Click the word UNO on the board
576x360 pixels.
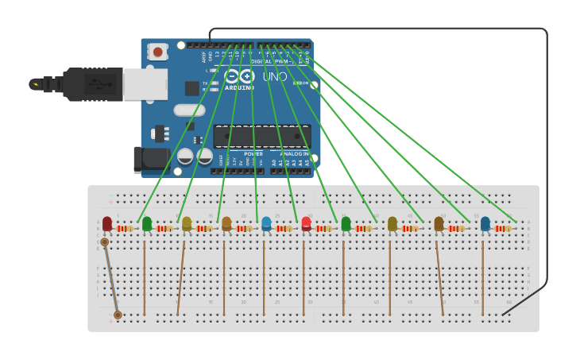pyautogui.click(x=275, y=77)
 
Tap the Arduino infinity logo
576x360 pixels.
pyautogui.click(x=239, y=76)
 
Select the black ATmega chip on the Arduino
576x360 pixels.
pyautogui.click(x=261, y=136)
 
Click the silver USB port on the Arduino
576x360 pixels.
pyautogui.click(x=145, y=83)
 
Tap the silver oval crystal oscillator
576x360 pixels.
pyautogui.click(x=189, y=110)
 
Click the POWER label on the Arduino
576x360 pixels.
pyautogui.click(x=253, y=153)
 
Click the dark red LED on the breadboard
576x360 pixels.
pyautogui.click(x=107, y=223)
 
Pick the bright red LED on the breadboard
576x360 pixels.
pyautogui.click(x=306, y=223)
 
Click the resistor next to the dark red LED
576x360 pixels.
pyautogui.click(x=125, y=229)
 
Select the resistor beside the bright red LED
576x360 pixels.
pyautogui.click(x=323, y=229)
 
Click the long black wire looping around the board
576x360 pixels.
pyautogui.click(x=547, y=159)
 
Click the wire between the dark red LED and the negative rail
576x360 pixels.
pyautogui.click(x=111, y=278)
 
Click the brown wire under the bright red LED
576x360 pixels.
pyautogui.click(x=303, y=278)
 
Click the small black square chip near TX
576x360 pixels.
pyautogui.click(x=192, y=88)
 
